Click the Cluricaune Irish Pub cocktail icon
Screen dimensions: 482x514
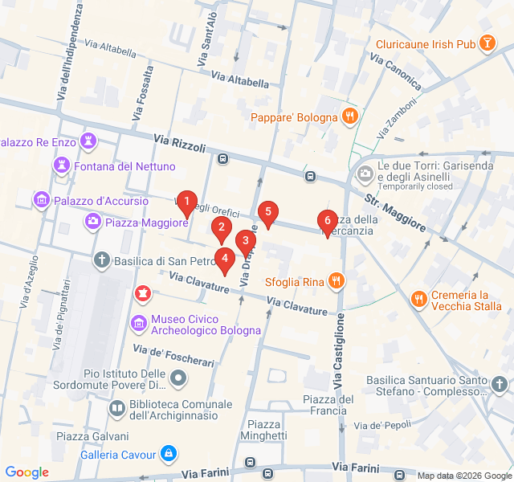[487, 43]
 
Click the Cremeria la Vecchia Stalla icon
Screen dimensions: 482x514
[418, 300]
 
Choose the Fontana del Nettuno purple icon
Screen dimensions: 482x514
[61, 165]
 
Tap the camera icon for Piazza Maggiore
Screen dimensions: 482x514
[92, 222]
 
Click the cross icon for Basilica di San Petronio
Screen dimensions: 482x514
[101, 260]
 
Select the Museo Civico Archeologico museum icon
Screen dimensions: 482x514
[138, 323]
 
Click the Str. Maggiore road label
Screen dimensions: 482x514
[394, 213]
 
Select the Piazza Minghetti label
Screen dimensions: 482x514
[267, 430]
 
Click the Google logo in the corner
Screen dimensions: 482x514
[27, 472]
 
